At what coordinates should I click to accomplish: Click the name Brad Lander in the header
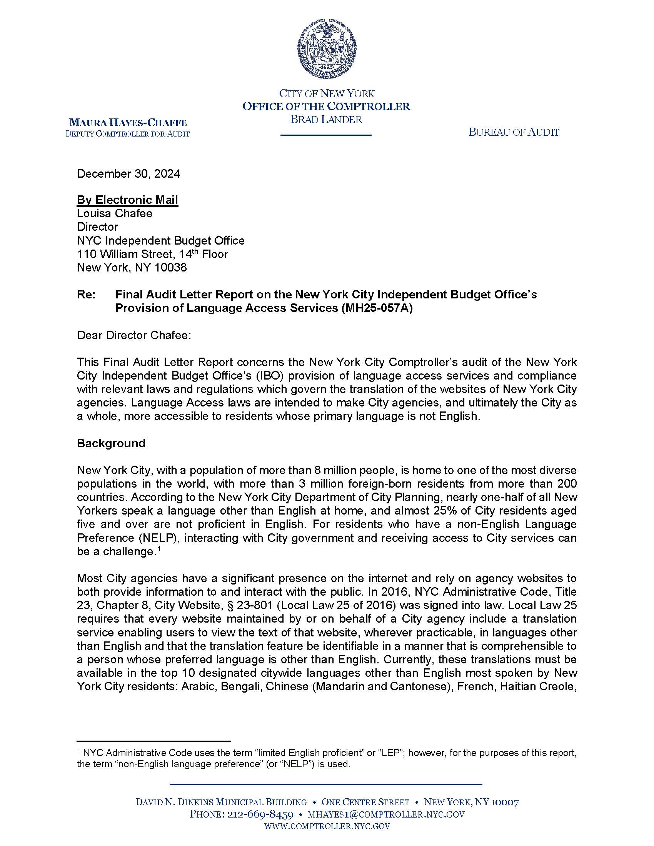click(x=326, y=120)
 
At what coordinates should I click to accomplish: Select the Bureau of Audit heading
click(x=514, y=133)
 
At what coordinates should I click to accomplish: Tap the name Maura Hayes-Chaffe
click(x=128, y=123)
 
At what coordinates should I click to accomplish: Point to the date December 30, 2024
click(x=128, y=173)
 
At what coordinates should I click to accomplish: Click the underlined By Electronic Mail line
click(x=127, y=200)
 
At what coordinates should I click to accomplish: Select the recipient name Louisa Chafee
click(x=115, y=213)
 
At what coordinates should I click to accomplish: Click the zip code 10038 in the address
click(x=170, y=268)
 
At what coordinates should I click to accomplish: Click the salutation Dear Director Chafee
click(x=134, y=335)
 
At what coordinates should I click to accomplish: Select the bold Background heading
click(x=111, y=443)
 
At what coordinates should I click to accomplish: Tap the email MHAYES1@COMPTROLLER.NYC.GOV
click(x=386, y=814)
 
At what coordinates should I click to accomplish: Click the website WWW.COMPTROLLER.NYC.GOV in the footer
click(x=327, y=826)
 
